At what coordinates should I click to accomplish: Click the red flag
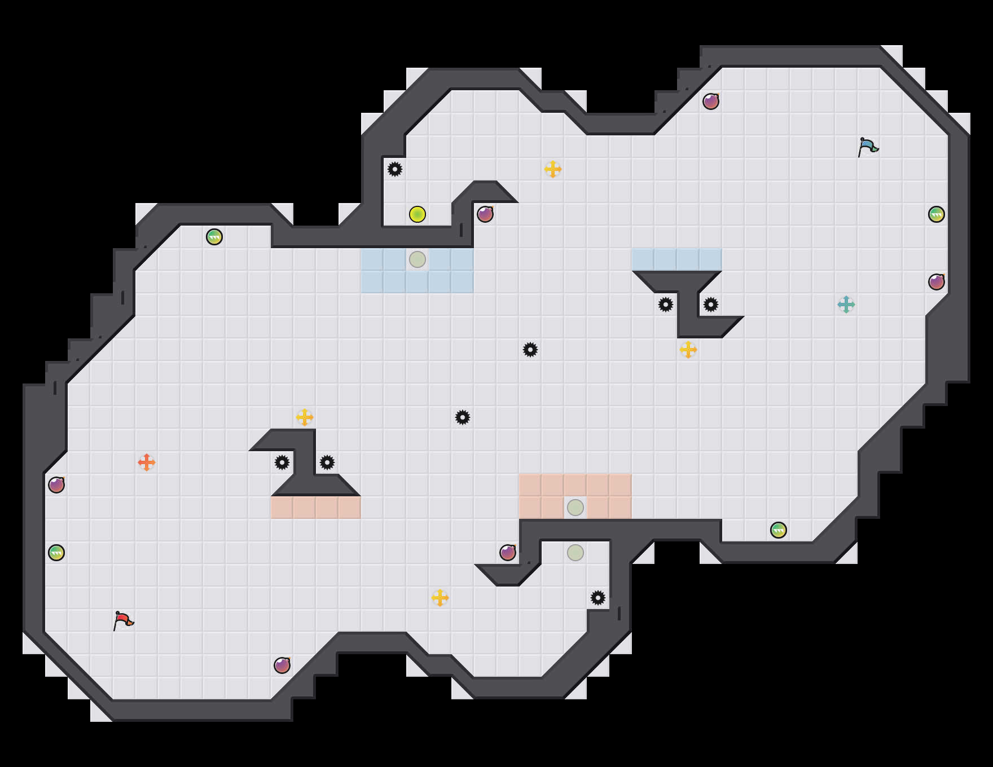click(x=123, y=620)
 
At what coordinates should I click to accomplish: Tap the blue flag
click(x=868, y=147)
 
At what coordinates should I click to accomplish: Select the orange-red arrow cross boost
click(x=147, y=462)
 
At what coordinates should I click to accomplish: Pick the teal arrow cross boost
click(x=846, y=305)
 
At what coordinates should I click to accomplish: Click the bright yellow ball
click(x=418, y=214)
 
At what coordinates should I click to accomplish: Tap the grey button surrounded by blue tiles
click(x=418, y=259)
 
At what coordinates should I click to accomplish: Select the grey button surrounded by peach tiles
click(x=575, y=508)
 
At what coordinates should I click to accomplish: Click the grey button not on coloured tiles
click(x=575, y=553)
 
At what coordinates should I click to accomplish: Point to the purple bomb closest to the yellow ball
click(x=485, y=214)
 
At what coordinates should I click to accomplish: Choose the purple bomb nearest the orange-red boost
click(x=56, y=485)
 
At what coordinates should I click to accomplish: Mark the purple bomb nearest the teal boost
click(x=937, y=282)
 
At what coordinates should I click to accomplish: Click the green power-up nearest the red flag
click(x=56, y=553)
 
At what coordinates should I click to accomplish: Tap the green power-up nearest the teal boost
click(x=937, y=214)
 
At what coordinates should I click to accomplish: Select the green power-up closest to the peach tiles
click(x=779, y=530)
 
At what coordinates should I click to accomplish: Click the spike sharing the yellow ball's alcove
click(x=395, y=169)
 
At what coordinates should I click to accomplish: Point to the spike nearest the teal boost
click(x=711, y=305)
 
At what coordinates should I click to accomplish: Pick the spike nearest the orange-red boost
click(x=282, y=462)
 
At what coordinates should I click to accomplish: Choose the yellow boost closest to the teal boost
click(x=688, y=350)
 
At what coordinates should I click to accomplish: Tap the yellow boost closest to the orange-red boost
click(x=305, y=417)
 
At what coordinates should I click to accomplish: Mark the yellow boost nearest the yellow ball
click(x=553, y=169)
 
